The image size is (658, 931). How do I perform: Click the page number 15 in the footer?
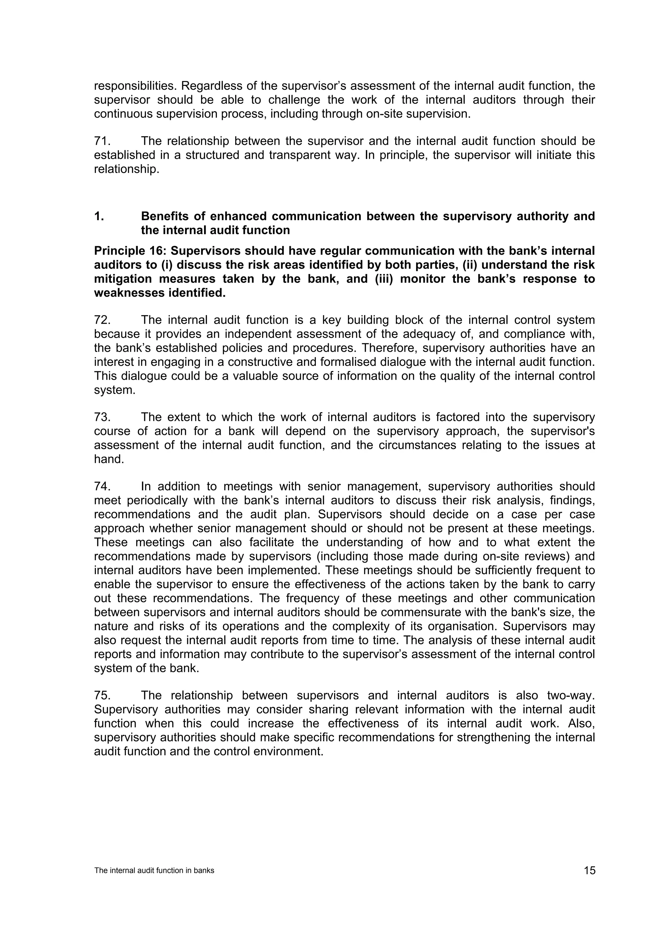(590, 871)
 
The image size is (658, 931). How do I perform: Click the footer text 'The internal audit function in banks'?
(154, 871)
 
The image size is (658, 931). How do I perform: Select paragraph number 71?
(102, 141)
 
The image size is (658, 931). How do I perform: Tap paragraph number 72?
(102, 320)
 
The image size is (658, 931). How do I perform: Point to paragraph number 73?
(102, 417)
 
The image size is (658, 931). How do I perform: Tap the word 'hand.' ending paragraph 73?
(109, 459)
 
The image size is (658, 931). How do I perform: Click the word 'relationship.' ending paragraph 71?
(126, 169)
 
